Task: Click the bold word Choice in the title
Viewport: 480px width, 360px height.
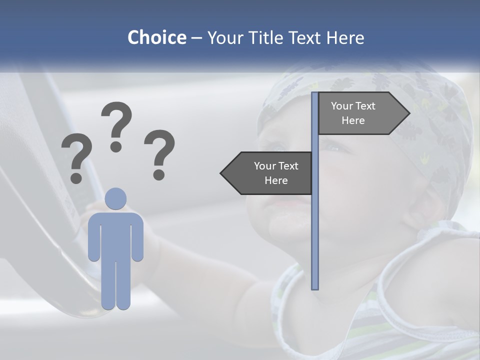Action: pyautogui.click(x=156, y=37)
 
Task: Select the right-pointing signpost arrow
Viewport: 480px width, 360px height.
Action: pyautogui.click(x=360, y=113)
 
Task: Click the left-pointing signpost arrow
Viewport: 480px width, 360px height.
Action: pyautogui.click(x=270, y=173)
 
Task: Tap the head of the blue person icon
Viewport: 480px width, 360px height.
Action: pyautogui.click(x=116, y=198)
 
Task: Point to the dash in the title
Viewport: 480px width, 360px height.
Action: pyautogui.click(x=196, y=38)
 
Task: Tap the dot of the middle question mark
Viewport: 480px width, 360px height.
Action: pyautogui.click(x=116, y=146)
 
